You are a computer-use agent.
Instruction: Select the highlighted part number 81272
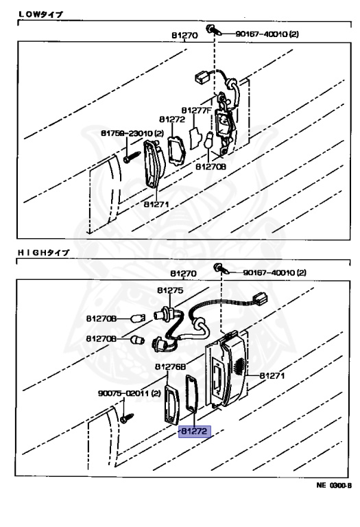(x=195, y=432)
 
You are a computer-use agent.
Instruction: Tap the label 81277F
(x=197, y=110)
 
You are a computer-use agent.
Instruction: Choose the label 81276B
(x=170, y=366)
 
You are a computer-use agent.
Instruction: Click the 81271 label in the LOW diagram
(x=157, y=204)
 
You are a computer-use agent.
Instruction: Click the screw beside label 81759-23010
(x=130, y=157)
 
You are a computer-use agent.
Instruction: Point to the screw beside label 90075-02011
(x=125, y=417)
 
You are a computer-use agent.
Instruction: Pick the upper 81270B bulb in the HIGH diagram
(x=143, y=317)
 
